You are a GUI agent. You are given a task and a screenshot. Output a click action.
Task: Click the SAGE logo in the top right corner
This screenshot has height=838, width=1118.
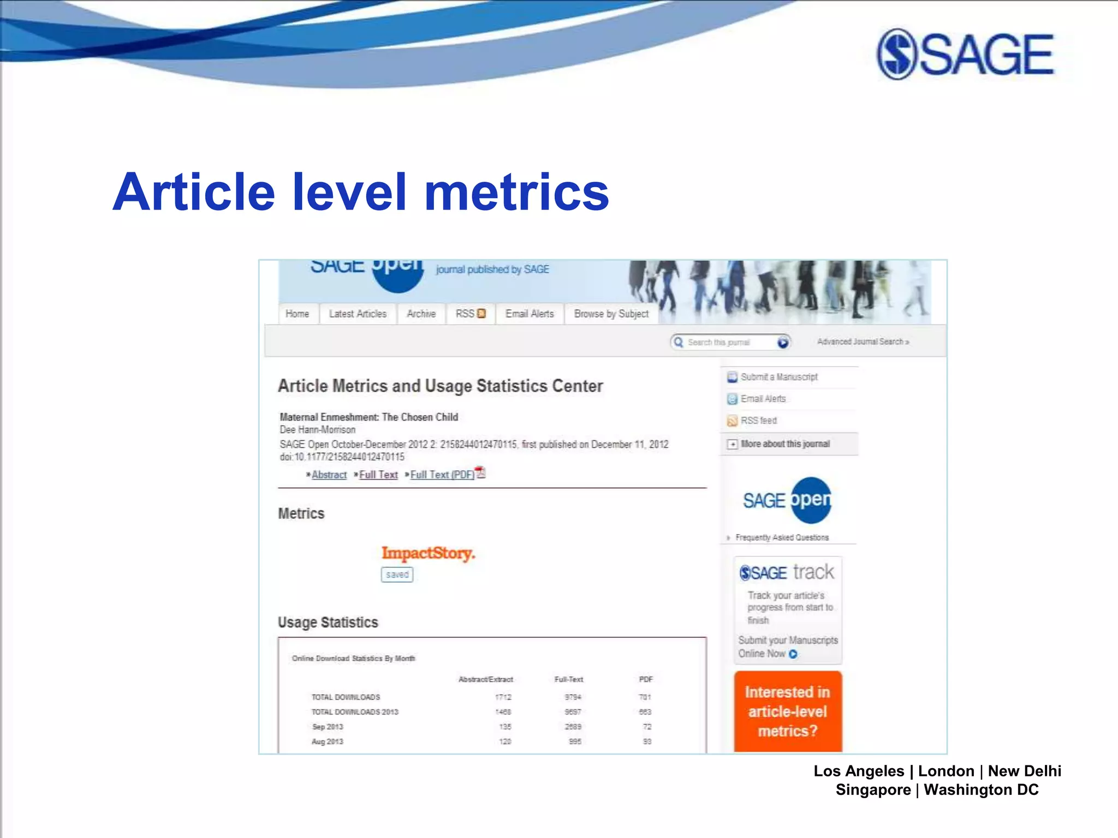click(x=965, y=54)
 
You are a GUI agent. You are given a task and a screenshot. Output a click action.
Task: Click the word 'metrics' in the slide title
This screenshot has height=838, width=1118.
click(x=516, y=192)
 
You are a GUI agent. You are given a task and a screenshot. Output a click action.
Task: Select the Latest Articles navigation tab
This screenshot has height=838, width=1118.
click(x=358, y=314)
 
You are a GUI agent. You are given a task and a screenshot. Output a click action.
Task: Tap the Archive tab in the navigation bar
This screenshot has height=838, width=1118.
click(x=421, y=314)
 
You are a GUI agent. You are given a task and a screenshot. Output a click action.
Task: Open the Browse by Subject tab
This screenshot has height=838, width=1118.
click(x=611, y=314)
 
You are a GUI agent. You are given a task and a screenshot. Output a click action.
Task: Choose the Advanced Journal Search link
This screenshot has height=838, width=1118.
click(x=863, y=342)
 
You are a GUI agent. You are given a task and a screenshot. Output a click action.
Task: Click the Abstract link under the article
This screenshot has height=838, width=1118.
click(x=329, y=475)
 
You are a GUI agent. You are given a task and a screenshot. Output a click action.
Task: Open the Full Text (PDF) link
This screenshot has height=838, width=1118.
click(x=443, y=475)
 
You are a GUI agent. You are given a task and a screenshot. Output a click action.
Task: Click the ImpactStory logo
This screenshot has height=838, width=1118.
click(x=428, y=553)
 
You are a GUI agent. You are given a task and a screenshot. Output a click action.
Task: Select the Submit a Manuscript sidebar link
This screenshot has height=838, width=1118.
click(x=778, y=377)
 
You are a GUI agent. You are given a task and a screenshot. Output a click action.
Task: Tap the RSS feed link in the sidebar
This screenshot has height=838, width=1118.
click(x=758, y=421)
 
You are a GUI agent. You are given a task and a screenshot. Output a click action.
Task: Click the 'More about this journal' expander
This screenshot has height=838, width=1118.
click(x=784, y=444)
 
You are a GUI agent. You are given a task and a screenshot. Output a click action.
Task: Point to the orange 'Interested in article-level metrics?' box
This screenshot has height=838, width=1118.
click(x=787, y=711)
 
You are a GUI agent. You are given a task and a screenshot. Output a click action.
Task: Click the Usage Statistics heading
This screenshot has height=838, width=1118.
click(x=328, y=622)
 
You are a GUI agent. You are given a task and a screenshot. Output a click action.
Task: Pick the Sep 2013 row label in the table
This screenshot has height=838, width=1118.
click(x=328, y=727)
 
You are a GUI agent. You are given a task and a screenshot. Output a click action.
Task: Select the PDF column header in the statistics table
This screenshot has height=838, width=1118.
click(x=646, y=679)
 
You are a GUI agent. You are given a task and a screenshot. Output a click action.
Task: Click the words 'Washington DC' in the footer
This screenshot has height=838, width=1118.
click(x=981, y=789)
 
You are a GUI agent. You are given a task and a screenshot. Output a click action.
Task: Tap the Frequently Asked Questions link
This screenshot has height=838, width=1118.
click(x=781, y=537)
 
